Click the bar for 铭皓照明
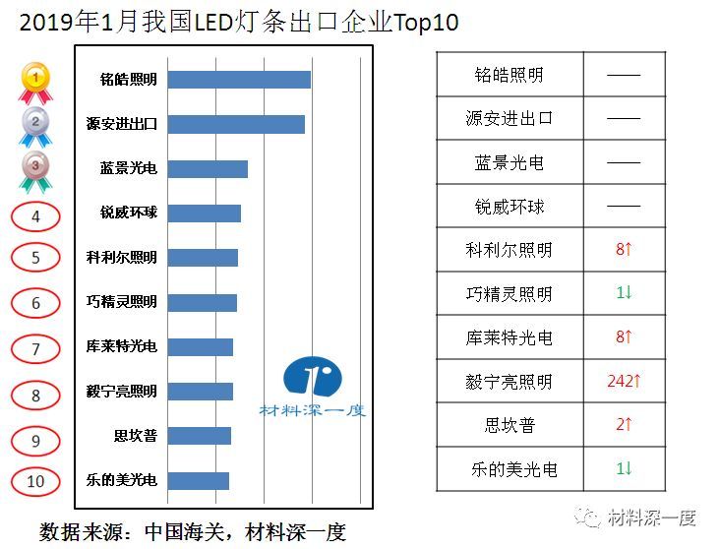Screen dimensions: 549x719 (x=239, y=80)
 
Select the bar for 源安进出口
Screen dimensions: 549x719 (x=236, y=124)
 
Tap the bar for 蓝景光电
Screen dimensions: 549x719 (x=208, y=168)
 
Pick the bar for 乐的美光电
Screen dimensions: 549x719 (x=198, y=480)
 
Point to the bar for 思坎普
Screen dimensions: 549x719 (x=199, y=436)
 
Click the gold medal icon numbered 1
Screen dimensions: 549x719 (x=35, y=79)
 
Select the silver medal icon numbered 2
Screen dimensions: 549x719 (x=35, y=125)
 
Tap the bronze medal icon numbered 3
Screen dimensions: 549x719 (x=35, y=168)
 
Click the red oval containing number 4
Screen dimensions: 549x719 (x=35, y=216)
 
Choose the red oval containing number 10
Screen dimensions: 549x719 (x=35, y=482)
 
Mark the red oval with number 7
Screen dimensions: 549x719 (x=35, y=349)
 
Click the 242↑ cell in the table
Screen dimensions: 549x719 (x=624, y=381)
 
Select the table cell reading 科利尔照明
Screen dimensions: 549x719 (x=509, y=250)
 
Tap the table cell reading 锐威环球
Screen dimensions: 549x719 (x=509, y=206)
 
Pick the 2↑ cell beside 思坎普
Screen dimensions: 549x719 (x=624, y=425)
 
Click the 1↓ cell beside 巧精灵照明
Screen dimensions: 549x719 (x=624, y=293)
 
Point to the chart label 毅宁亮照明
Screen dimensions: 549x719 (x=121, y=392)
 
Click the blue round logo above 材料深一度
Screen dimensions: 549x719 (x=313, y=377)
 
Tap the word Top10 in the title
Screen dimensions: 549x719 (x=425, y=22)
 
